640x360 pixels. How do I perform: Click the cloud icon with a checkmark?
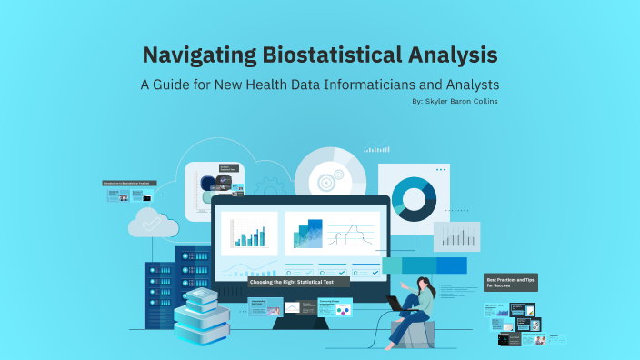153,222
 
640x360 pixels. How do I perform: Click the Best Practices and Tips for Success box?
510,283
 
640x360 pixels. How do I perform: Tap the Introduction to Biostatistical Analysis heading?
126,184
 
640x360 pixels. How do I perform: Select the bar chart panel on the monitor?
248,234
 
